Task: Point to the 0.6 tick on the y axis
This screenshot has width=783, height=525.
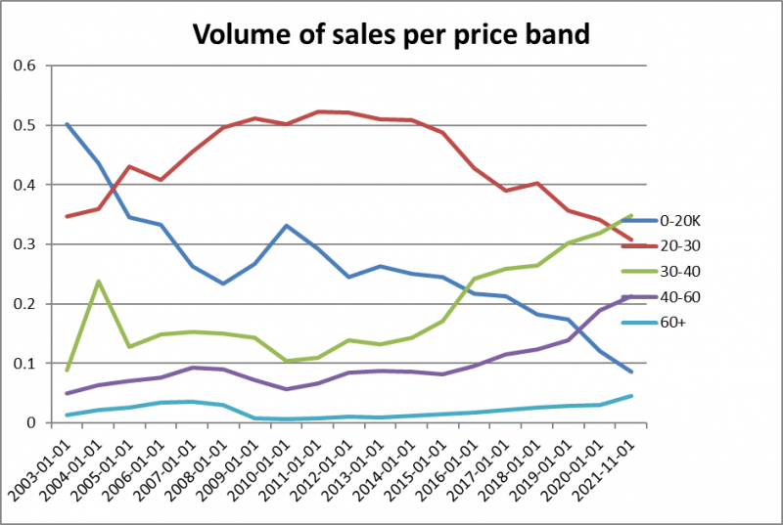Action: (23, 66)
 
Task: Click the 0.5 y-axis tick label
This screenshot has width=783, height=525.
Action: (23, 126)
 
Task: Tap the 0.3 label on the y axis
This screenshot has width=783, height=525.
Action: (23, 244)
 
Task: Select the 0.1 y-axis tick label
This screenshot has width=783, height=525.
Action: (23, 364)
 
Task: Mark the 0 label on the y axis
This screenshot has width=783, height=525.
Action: (31, 423)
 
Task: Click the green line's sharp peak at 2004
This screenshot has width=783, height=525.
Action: (98, 282)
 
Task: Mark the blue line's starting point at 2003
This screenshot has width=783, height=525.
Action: (67, 124)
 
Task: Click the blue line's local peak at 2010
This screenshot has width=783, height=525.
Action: (286, 226)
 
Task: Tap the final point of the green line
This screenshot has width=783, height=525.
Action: (630, 216)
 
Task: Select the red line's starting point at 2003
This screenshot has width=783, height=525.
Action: (67, 216)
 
